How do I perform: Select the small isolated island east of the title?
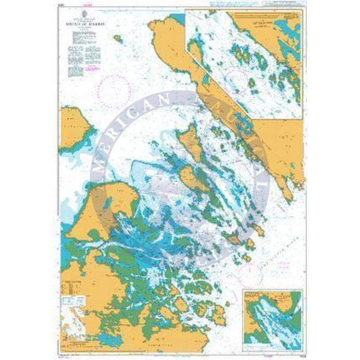pos(118,38)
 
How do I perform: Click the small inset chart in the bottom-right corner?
pos(272,314)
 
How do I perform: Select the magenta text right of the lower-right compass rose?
pos(285,265)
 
